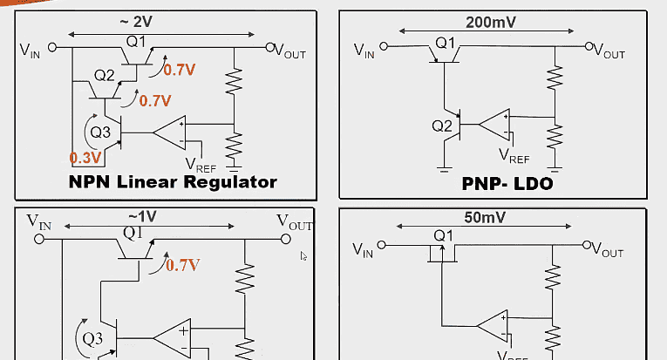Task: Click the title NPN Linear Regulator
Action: click(x=172, y=181)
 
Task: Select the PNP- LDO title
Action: click(x=507, y=184)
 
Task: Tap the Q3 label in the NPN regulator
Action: click(x=100, y=132)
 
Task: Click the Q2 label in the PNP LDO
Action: click(x=443, y=126)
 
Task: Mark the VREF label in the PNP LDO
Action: click(x=514, y=157)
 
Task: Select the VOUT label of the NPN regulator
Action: click(x=289, y=51)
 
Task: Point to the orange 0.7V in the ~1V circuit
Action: click(x=183, y=264)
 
